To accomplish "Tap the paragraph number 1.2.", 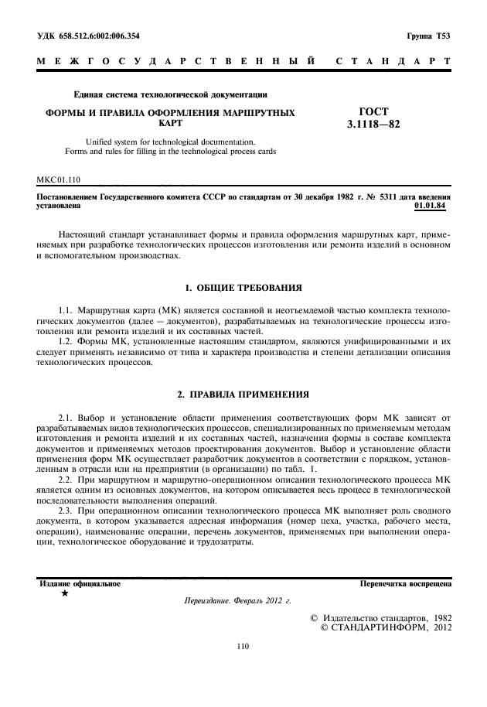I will point(68,340).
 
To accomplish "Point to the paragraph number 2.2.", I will point(68,480).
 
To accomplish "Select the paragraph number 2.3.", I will point(68,511).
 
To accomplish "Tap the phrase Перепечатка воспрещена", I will point(406,584).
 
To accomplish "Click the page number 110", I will point(243,645).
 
